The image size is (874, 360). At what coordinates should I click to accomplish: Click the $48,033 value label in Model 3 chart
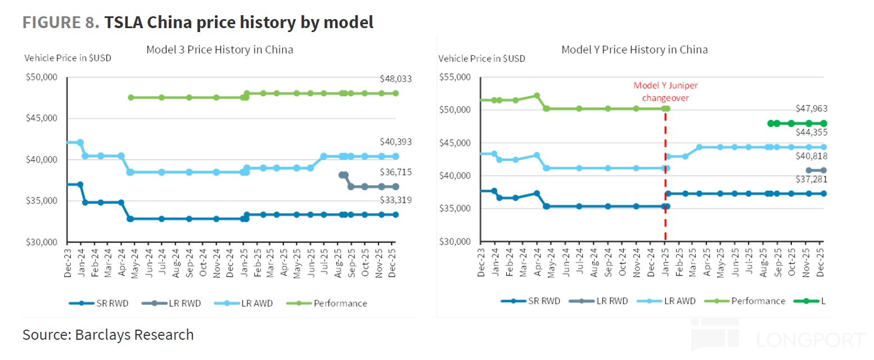(x=396, y=79)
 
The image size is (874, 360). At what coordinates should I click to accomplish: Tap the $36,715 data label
(x=396, y=172)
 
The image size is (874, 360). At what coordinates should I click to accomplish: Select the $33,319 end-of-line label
(x=396, y=200)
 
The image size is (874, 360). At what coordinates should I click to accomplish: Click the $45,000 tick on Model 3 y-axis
(x=42, y=118)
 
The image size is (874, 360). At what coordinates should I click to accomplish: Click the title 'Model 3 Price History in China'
(x=219, y=49)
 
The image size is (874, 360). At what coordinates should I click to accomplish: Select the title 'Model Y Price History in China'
(x=634, y=49)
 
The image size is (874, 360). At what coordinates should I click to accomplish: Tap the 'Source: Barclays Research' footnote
(x=108, y=335)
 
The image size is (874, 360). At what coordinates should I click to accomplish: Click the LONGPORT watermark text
(x=810, y=340)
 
